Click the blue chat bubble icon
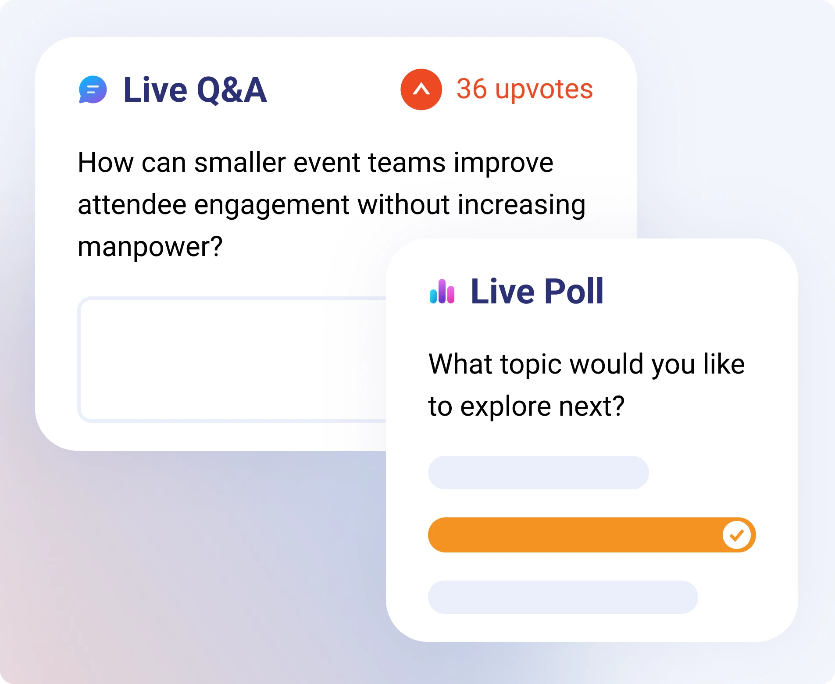point(93,90)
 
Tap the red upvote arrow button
point(421,89)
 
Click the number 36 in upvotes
point(471,89)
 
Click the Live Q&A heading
point(195,90)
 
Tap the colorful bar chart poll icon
point(442,292)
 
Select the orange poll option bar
point(592,535)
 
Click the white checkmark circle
point(737,535)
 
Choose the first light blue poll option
point(539,473)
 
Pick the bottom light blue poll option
point(563,597)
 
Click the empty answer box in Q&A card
point(232,360)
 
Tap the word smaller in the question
point(240,163)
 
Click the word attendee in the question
point(132,205)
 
